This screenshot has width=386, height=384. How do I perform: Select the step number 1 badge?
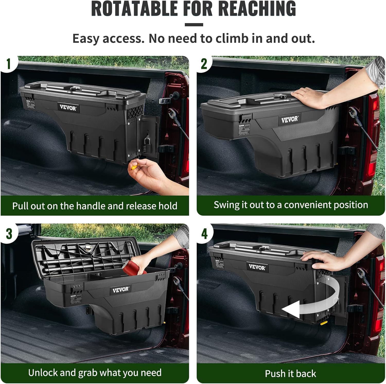pyautogui.click(x=9, y=64)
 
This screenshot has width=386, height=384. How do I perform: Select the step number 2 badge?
pyautogui.click(x=204, y=64)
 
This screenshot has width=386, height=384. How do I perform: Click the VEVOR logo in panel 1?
pyautogui.click(x=68, y=107)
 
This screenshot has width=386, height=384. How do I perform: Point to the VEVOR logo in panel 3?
pyautogui.click(x=121, y=290)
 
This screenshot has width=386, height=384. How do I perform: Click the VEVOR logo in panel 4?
pyautogui.click(x=257, y=267)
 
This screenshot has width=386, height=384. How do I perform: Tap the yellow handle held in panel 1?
pyautogui.click(x=134, y=168)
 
